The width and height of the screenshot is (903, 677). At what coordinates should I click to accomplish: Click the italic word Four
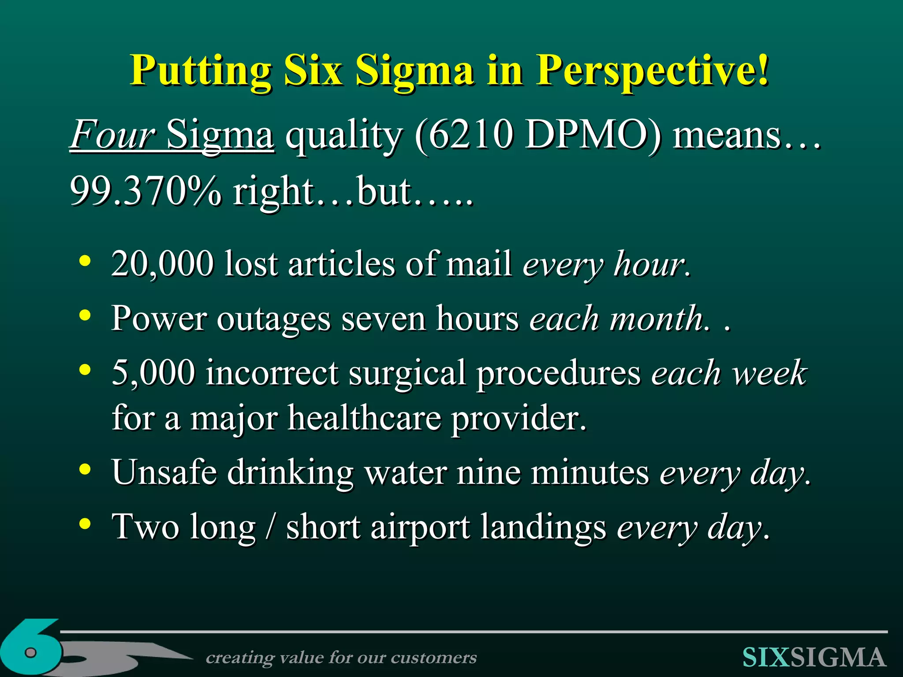coord(113,135)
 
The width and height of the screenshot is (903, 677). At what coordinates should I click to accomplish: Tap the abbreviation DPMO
coord(588,135)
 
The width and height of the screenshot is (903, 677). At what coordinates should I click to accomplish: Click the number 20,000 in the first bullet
coord(162,264)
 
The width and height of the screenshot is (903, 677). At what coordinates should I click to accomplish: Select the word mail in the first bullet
coord(479,264)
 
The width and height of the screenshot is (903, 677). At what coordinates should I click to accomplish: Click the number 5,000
coord(153,372)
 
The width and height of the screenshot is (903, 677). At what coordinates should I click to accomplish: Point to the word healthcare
coord(364,418)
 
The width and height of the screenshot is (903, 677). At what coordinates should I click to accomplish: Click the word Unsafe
coord(164,472)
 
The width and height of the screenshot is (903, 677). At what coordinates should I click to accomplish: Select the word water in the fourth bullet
coord(405,472)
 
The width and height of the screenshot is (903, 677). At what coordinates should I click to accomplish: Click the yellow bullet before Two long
coord(85,524)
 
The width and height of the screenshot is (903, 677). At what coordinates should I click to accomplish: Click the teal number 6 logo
coord(31,648)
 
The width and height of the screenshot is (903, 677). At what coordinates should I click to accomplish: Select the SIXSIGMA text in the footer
coord(814,658)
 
